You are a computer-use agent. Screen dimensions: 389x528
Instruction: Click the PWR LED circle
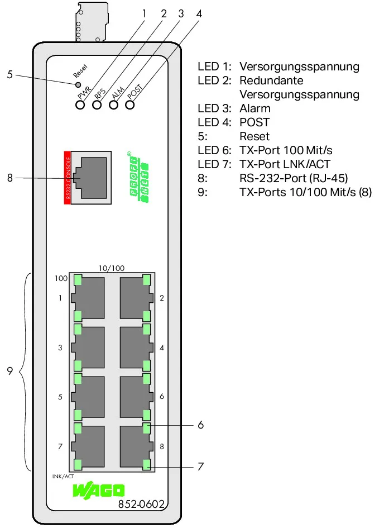[x=80, y=104]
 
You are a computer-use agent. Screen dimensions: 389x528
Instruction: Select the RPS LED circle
[x=97, y=104]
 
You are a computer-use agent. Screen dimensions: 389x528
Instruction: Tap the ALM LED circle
[x=114, y=104]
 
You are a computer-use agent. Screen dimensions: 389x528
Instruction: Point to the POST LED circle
[x=130, y=104]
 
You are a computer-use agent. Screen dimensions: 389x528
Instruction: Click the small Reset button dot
[x=78, y=84]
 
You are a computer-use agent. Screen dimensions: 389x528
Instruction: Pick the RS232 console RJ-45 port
[x=91, y=178]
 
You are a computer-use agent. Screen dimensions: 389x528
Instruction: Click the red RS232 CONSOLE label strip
[x=67, y=178]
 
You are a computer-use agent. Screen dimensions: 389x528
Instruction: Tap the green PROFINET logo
[x=138, y=177]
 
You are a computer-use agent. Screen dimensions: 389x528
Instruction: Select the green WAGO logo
[x=99, y=491]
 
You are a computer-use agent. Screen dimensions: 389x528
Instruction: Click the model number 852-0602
[x=141, y=504]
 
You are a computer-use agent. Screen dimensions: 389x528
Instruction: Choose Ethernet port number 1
[x=88, y=298]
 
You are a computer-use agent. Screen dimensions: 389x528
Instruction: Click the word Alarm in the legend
[x=255, y=108]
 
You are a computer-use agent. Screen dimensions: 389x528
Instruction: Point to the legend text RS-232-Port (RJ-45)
[x=294, y=178]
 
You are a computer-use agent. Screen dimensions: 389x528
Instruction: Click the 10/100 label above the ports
[x=111, y=268]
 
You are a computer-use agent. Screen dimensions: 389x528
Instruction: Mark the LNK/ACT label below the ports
[x=63, y=477]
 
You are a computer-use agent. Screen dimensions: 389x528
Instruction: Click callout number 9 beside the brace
[x=9, y=371]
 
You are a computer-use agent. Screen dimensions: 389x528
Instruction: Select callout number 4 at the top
[x=199, y=14]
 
